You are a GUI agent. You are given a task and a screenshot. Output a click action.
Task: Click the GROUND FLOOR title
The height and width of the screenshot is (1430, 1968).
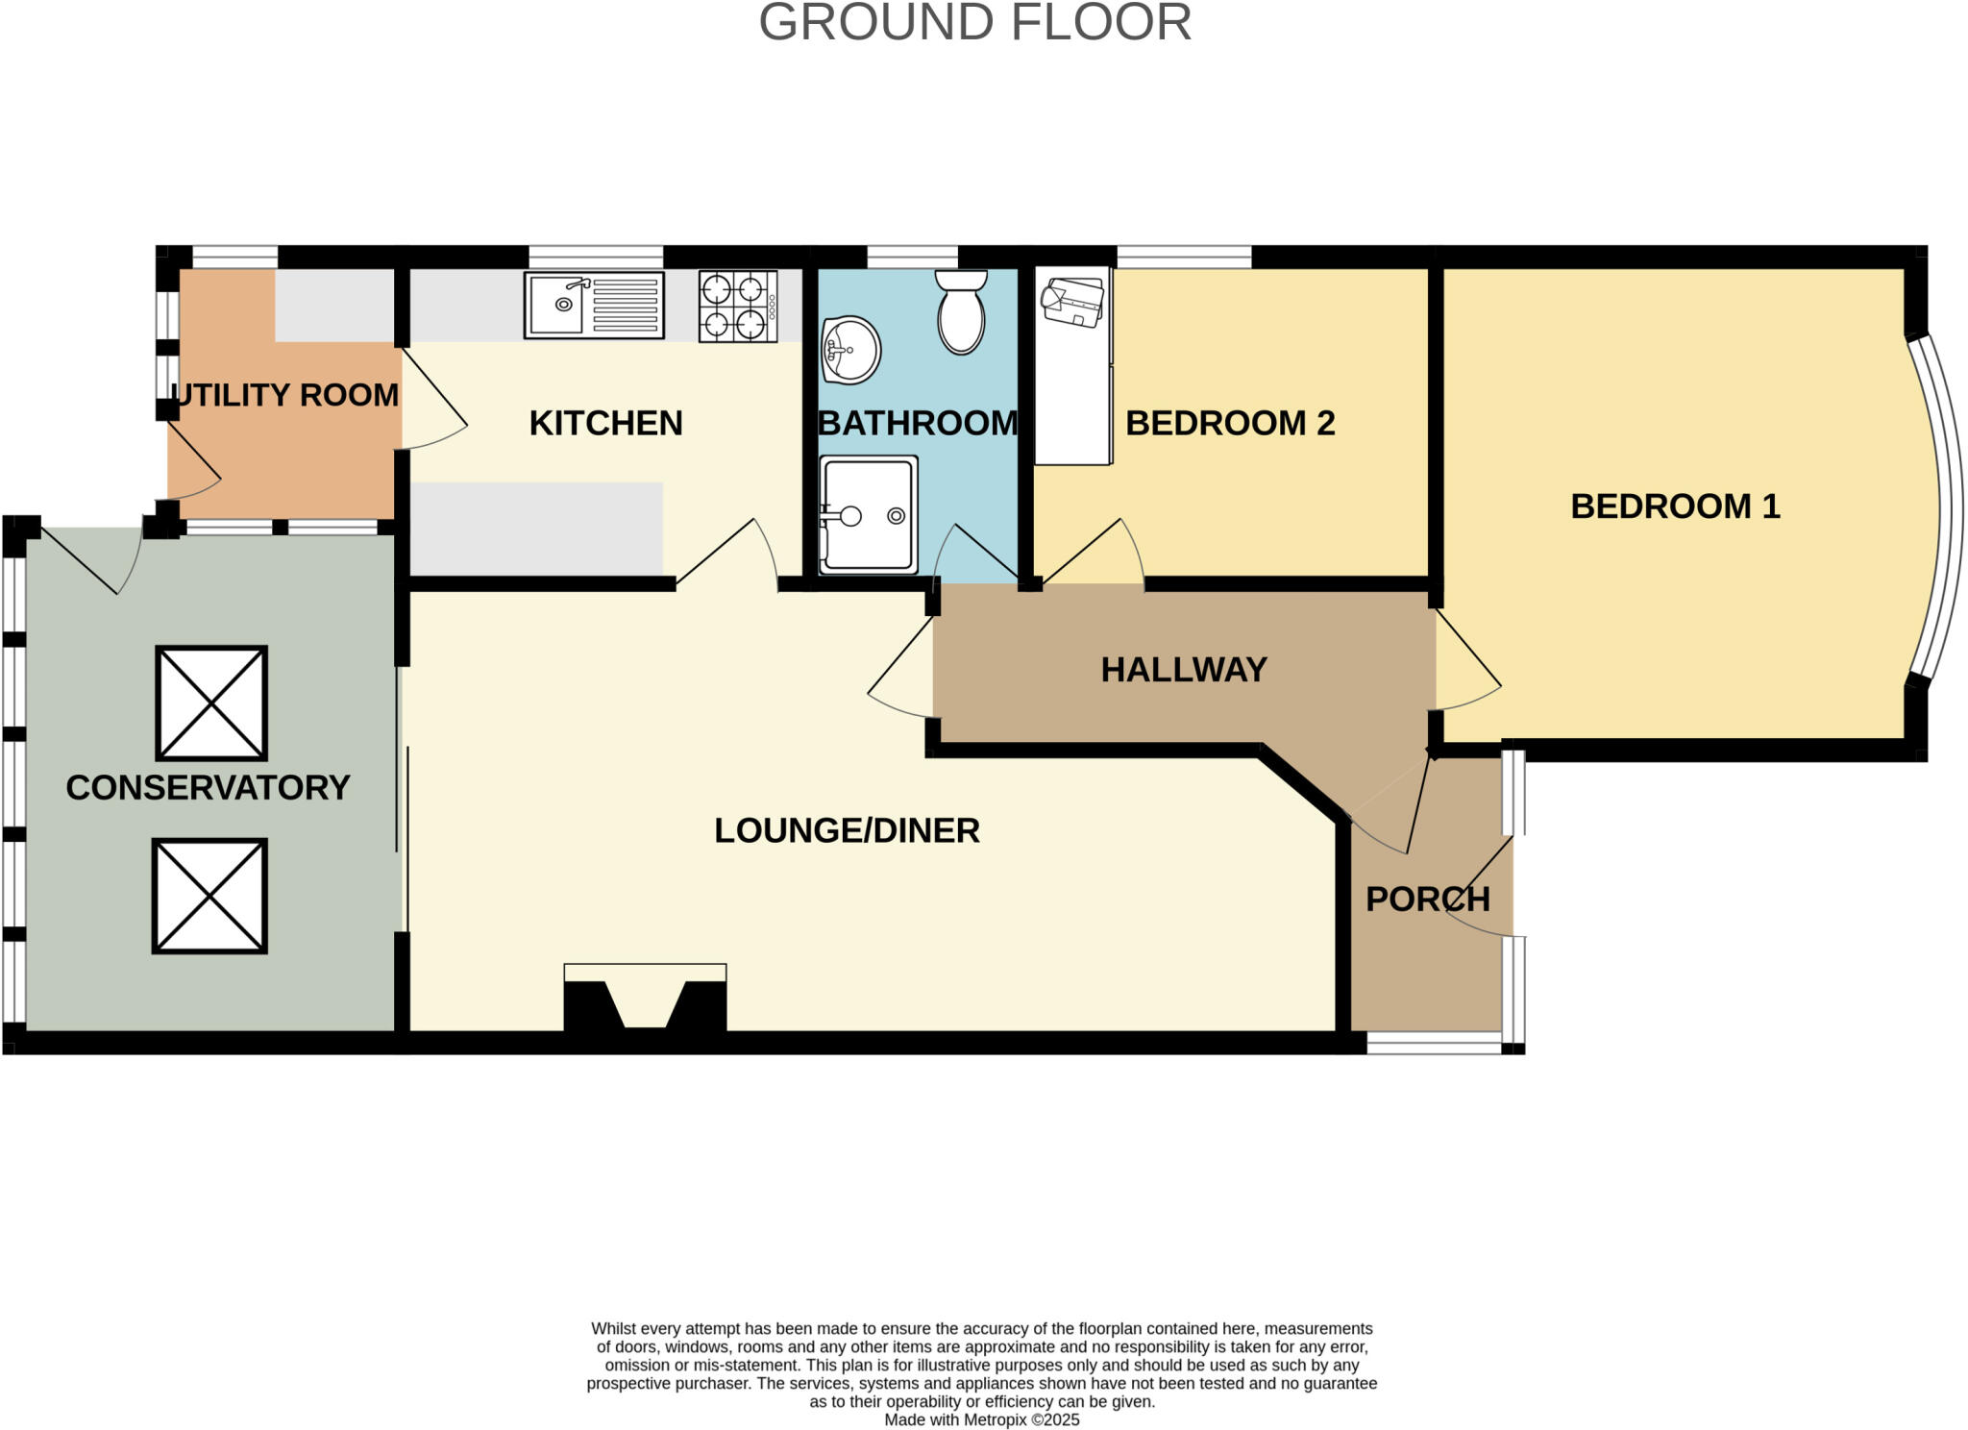click(974, 23)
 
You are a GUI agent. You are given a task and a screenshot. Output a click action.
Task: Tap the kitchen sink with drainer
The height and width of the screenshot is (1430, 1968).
click(594, 306)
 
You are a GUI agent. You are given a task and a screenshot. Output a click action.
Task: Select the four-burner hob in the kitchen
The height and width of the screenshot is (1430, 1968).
click(737, 306)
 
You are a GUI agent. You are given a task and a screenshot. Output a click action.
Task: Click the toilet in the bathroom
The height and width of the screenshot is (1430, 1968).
click(961, 312)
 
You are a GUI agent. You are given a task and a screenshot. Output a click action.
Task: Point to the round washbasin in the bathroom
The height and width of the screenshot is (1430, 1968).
click(851, 351)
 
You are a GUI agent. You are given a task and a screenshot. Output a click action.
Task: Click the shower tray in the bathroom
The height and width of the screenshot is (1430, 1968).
click(869, 514)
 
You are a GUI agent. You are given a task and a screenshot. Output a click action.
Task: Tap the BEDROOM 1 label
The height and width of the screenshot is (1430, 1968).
click(1675, 506)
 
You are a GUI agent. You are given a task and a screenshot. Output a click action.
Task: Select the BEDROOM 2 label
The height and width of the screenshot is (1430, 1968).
click(1230, 423)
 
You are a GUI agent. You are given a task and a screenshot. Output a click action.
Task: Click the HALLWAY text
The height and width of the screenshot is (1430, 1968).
click(1184, 670)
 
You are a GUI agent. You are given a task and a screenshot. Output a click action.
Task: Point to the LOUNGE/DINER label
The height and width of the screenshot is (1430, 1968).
click(847, 830)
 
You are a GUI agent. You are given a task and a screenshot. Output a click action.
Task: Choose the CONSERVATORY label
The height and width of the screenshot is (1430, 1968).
click(208, 788)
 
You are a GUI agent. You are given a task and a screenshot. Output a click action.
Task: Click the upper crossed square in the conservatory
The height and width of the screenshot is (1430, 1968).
click(211, 703)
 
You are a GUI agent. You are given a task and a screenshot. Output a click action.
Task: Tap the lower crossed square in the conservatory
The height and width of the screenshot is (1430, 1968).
click(209, 896)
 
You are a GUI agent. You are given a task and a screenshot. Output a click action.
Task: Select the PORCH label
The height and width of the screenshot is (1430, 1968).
click(1427, 900)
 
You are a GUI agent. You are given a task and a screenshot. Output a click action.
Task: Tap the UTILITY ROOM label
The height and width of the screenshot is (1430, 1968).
click(284, 395)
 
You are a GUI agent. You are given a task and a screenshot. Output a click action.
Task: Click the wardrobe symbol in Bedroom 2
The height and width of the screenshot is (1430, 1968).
click(1072, 365)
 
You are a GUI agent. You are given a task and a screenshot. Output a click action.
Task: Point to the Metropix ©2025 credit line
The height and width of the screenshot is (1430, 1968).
click(981, 1419)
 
